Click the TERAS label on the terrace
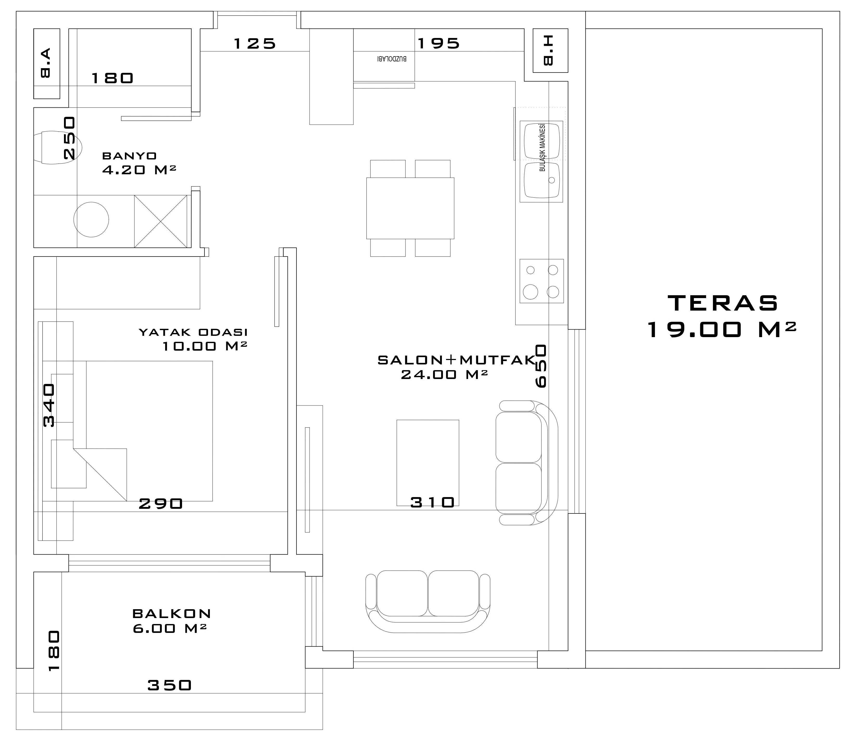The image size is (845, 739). click(x=723, y=303)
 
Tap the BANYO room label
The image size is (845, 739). click(x=130, y=156)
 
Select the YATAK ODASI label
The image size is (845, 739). click(x=193, y=332)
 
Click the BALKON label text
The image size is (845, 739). click(x=172, y=614)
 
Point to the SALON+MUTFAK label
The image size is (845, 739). click(x=456, y=360)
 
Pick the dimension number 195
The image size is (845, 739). click(x=438, y=43)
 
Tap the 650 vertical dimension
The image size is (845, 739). click(x=541, y=366)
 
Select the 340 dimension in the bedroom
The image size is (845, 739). click(x=49, y=405)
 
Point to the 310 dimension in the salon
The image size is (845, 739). click(x=433, y=502)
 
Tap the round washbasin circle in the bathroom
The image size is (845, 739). click(x=91, y=219)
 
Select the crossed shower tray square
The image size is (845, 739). click(x=161, y=221)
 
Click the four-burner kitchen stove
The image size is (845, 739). click(x=541, y=281)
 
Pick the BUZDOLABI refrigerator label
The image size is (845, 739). click(x=392, y=59)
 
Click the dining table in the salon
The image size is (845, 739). click(x=410, y=208)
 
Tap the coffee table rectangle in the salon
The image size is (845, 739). click(x=428, y=463)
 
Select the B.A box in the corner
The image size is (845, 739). click(x=47, y=63)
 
